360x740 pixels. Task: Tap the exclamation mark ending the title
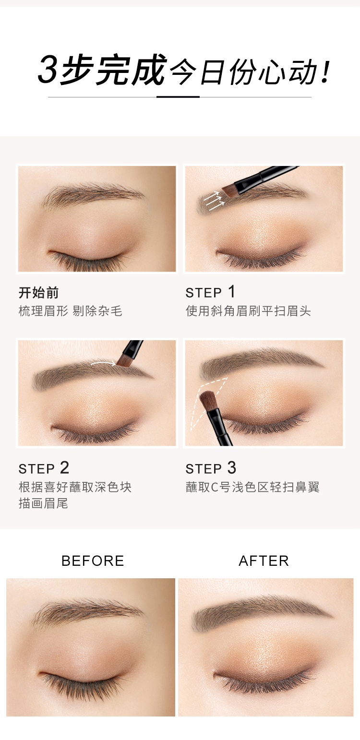tap(325, 72)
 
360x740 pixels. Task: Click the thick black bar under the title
tap(178, 97)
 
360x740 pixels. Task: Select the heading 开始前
tap(39, 293)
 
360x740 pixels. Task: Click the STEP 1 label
tap(210, 292)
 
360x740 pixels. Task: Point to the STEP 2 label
tap(44, 468)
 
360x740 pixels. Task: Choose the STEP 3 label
tap(211, 468)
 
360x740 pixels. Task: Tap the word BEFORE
tap(93, 561)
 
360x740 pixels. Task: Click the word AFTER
tap(264, 561)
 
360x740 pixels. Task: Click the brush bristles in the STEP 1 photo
tap(228, 191)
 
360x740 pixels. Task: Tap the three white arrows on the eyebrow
tap(214, 201)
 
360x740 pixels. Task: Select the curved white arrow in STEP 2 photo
tap(103, 363)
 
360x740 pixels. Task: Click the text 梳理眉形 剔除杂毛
tap(71, 311)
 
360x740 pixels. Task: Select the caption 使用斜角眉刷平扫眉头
tap(248, 311)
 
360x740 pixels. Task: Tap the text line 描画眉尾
tap(43, 503)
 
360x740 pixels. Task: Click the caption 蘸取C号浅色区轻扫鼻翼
tap(252, 487)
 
